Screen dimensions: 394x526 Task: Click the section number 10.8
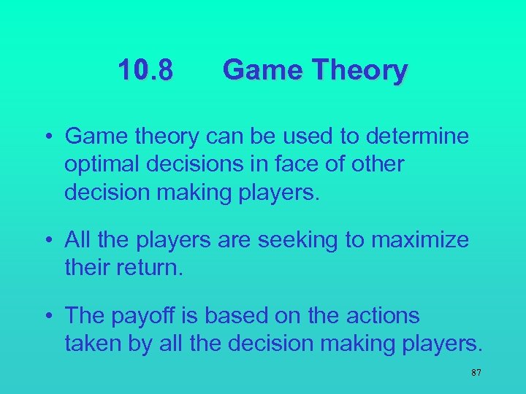point(146,71)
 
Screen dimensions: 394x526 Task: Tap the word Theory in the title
point(359,71)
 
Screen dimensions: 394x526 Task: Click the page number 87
point(476,373)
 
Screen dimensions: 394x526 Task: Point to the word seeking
point(302,240)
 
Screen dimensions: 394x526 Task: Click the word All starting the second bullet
point(77,239)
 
